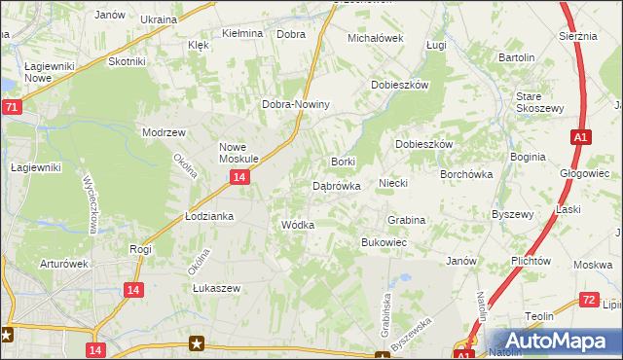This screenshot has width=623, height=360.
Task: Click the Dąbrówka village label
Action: [337, 185]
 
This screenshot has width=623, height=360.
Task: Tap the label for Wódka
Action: [297, 225]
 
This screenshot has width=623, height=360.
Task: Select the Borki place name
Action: [344, 162]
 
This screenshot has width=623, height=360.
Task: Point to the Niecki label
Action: [392, 183]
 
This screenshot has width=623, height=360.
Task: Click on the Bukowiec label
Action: [384, 241]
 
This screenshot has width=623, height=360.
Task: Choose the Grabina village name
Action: [406, 221]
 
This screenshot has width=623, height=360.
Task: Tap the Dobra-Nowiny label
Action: [297, 105]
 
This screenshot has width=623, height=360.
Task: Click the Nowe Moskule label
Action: [238, 151]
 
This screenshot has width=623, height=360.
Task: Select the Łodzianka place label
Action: [209, 216]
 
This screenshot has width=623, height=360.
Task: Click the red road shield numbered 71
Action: [11, 107]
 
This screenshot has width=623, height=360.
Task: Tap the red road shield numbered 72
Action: [587, 300]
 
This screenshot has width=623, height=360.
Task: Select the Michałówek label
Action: [376, 38]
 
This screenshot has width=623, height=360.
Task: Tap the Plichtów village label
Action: [531, 262]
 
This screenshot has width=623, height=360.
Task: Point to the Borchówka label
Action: [466, 174]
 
